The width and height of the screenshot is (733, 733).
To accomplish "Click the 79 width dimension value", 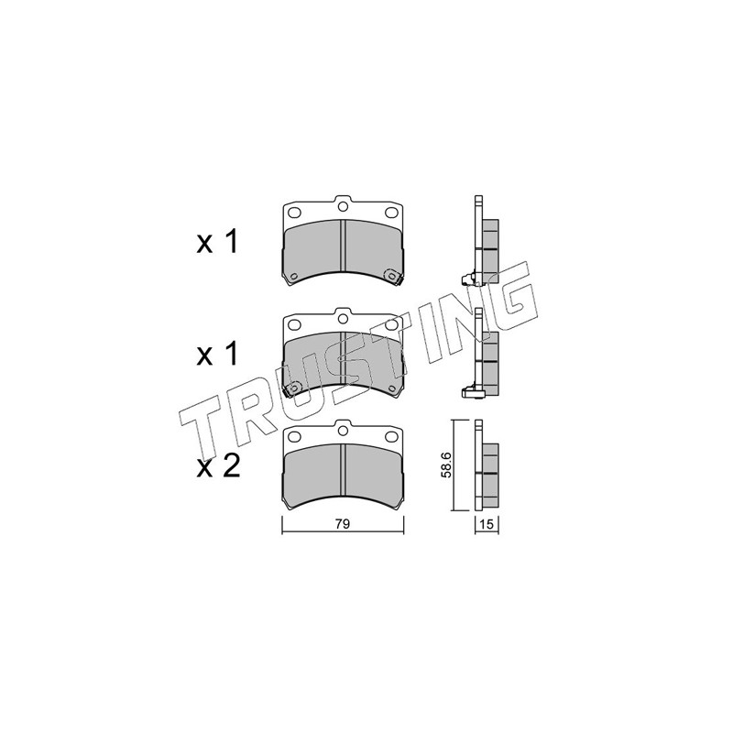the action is point(342,524).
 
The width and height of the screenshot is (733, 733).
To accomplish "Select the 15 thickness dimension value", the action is point(487,524).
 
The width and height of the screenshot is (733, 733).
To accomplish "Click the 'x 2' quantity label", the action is point(218,466).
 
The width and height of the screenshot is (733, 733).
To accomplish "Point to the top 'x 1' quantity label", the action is point(217,242).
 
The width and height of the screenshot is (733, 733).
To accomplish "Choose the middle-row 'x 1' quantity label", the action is point(217,355).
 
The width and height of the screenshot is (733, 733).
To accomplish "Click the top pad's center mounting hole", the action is point(343,206).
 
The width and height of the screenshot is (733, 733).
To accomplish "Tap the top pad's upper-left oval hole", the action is point(294,213).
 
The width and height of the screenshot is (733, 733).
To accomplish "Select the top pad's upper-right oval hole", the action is point(391,213).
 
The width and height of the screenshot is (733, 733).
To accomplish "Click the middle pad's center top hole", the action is point(343,318).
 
